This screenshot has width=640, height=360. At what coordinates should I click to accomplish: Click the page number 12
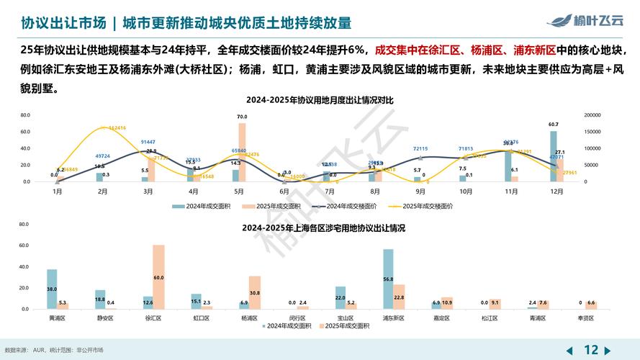tap(591, 349)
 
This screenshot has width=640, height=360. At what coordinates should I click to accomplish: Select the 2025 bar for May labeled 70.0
tap(242, 152)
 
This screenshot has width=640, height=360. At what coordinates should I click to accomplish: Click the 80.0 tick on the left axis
tap(25, 115)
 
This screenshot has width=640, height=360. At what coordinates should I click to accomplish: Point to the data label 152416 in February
tap(117, 128)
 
